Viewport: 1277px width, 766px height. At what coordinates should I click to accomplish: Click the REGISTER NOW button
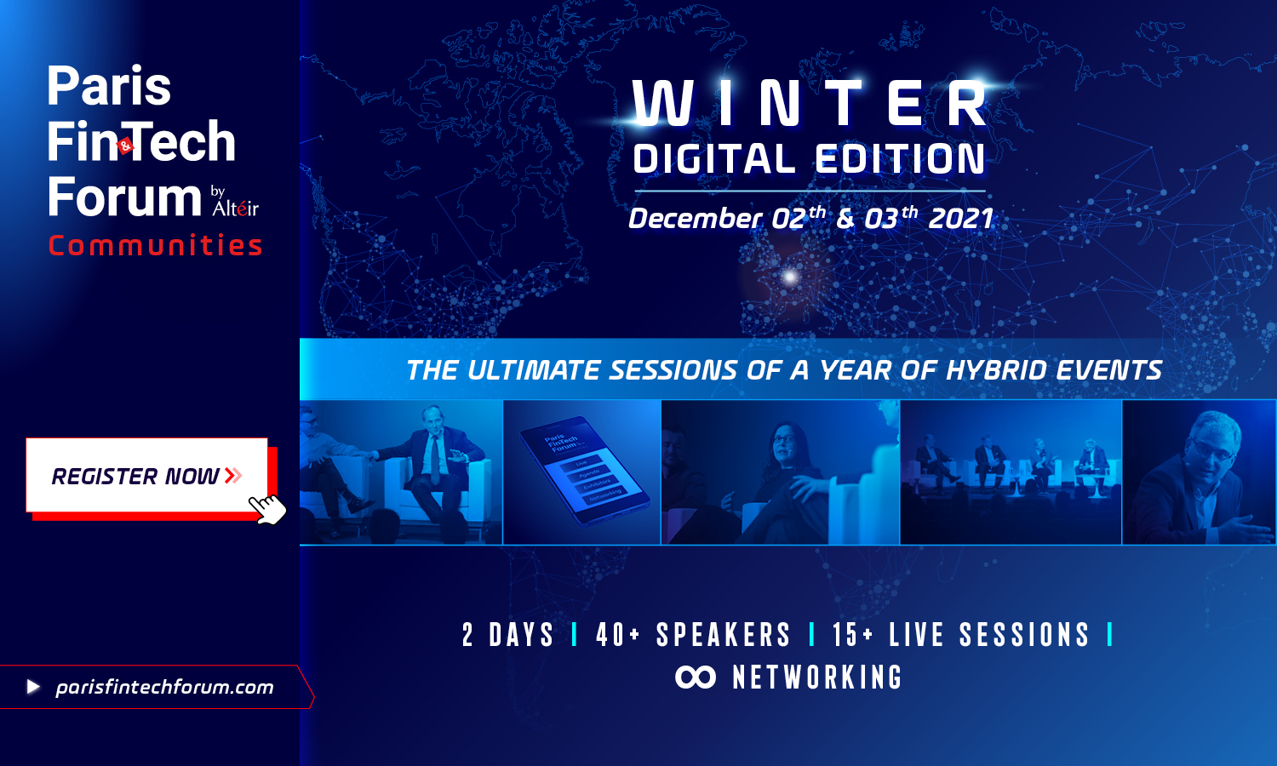pyautogui.click(x=146, y=475)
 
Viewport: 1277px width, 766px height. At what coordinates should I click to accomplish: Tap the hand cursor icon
pyautogui.click(x=267, y=509)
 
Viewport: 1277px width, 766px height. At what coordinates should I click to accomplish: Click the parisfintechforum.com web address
pyautogui.click(x=165, y=688)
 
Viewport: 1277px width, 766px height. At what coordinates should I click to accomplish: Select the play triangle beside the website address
pyautogui.click(x=34, y=687)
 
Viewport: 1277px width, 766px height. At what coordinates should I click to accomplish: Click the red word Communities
pyautogui.click(x=155, y=245)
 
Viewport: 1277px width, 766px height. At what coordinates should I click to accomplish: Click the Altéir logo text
pyautogui.click(x=235, y=208)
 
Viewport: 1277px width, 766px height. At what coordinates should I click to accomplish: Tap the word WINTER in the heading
pyautogui.click(x=810, y=103)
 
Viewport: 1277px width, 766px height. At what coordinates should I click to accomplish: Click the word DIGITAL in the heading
pyautogui.click(x=713, y=158)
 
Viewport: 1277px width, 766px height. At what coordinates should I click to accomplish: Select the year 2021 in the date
pyautogui.click(x=961, y=219)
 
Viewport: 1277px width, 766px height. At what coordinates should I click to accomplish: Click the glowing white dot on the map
pyautogui.click(x=790, y=277)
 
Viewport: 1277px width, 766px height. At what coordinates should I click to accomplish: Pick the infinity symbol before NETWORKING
pyautogui.click(x=696, y=677)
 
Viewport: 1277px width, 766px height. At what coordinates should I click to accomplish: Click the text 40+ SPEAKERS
pyautogui.click(x=693, y=635)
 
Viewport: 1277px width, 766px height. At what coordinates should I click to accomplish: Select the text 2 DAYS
pyautogui.click(x=508, y=635)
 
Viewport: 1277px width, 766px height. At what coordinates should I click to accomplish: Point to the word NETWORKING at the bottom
pyautogui.click(x=817, y=677)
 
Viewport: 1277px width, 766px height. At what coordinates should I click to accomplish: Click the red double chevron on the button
pyautogui.click(x=234, y=475)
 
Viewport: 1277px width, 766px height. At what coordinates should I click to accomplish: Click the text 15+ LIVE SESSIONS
pyautogui.click(x=960, y=635)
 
